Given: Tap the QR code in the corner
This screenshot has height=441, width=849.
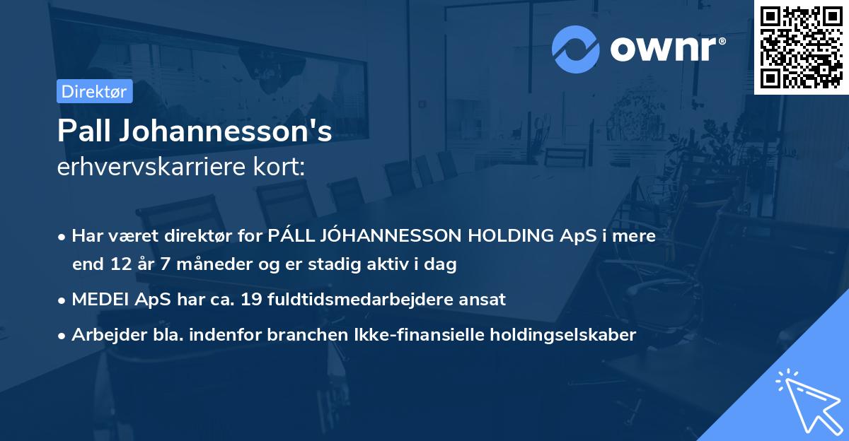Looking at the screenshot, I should (x=801, y=47).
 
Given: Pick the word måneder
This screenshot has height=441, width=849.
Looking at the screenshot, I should (x=204, y=265).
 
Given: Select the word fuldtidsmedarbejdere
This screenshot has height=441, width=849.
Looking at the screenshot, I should (x=361, y=299).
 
